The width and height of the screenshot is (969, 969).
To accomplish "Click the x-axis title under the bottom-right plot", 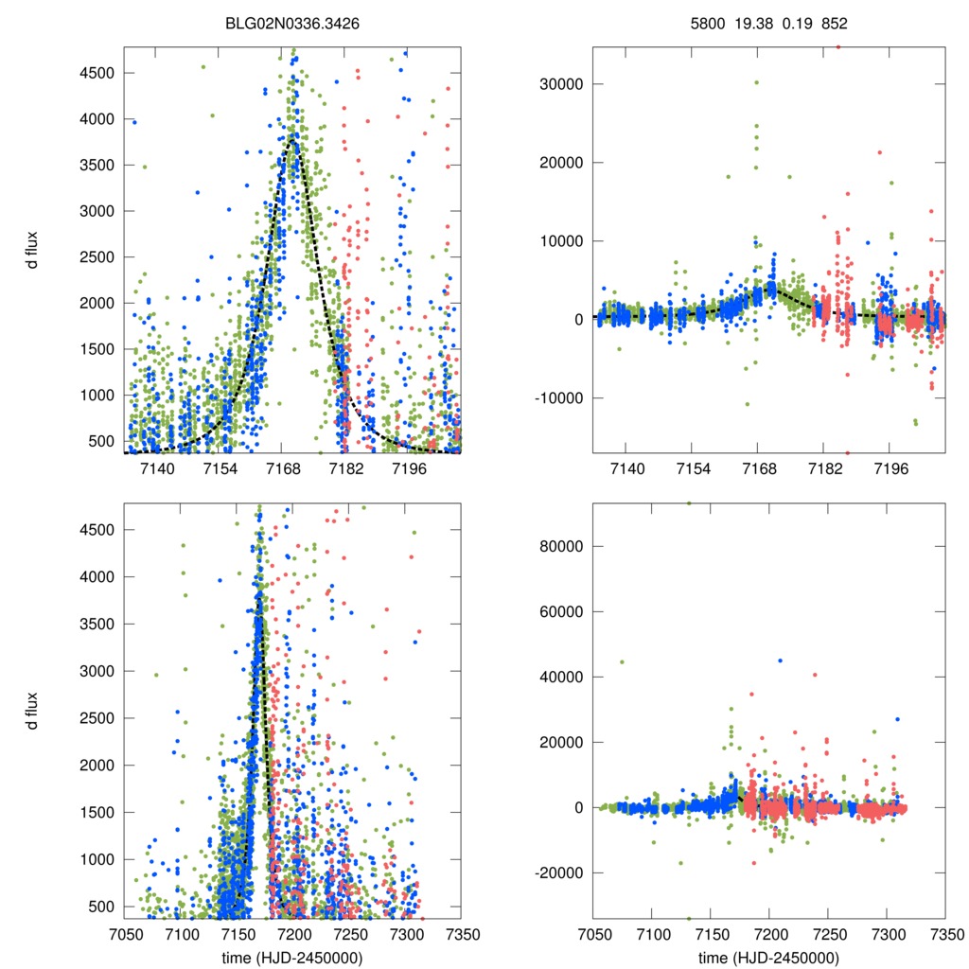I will (x=768, y=958).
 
